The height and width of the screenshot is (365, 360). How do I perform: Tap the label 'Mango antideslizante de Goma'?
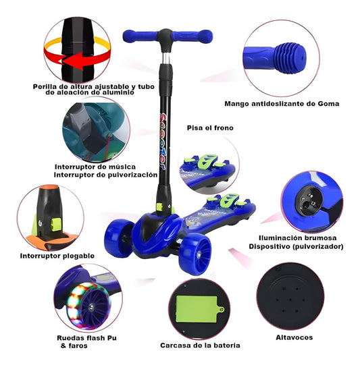pos(281,104)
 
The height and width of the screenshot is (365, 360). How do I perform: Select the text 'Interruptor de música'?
pos(95,166)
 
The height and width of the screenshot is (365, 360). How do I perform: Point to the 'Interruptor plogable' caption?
pos(56,256)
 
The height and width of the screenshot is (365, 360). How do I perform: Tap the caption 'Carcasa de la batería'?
pos(200,345)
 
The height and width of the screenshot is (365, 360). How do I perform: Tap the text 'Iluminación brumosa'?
pos(301,238)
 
